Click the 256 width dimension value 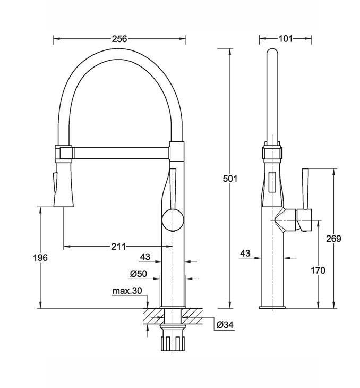point(119,39)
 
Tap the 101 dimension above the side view point(286,39)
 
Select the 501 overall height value point(230,179)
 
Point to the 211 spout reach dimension point(118,247)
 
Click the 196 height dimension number point(40,258)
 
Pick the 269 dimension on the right point(334,239)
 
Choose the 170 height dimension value point(318,271)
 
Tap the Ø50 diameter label point(139,274)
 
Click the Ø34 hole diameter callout point(225,325)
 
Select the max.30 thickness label point(127,291)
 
